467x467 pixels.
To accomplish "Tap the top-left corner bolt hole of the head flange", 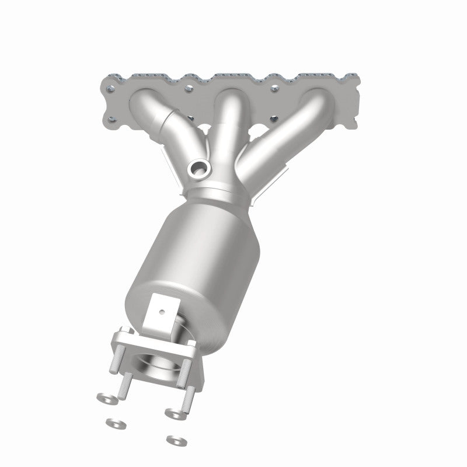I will (111, 89).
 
